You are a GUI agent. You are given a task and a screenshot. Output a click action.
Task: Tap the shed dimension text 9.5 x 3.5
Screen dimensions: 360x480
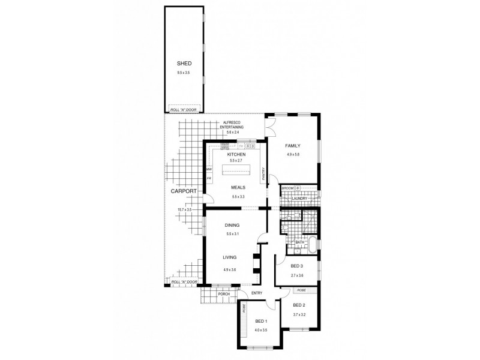point(183,73)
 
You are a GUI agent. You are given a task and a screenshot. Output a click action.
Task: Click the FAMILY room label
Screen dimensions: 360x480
point(293,146)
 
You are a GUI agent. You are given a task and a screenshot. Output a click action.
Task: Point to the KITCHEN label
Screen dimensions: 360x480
point(236,154)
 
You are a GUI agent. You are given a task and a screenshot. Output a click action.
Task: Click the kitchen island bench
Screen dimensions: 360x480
point(236,172)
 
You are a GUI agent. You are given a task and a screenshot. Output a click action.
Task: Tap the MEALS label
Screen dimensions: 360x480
point(238,187)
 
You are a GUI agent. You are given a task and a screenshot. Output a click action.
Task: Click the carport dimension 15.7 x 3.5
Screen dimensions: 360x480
point(184,209)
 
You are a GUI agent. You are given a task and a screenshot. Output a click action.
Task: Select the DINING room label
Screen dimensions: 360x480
point(233,225)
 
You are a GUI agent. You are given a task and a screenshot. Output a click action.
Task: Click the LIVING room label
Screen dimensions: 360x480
point(229,258)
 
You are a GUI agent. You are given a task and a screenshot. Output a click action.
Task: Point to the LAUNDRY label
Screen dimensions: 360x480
point(300,199)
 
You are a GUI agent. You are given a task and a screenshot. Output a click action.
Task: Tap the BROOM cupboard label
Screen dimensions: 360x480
point(287,188)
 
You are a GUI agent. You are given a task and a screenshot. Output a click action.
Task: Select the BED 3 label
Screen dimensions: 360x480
point(297,266)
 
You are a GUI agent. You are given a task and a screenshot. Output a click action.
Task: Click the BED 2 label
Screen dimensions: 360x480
point(300,305)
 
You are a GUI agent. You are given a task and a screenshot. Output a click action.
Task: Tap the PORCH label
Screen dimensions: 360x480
point(224,294)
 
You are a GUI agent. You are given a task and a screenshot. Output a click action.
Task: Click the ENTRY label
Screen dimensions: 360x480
point(257,293)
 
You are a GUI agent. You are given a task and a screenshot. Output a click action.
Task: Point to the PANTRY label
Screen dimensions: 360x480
point(263,174)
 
